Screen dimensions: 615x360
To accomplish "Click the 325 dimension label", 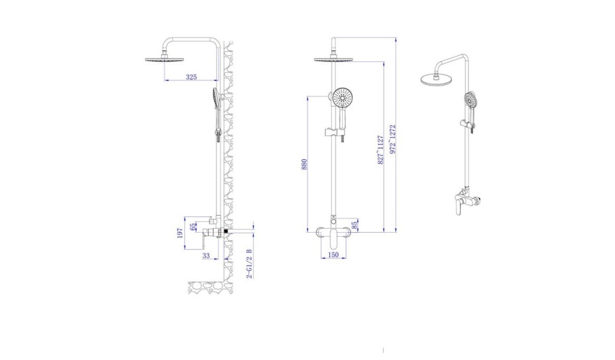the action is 191,77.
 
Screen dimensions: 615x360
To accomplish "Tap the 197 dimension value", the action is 180,233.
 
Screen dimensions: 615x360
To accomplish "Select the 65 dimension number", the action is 193,227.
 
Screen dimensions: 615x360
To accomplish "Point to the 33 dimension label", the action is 206,256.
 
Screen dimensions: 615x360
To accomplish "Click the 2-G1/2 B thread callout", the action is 250,263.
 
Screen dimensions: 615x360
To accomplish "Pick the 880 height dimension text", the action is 304,164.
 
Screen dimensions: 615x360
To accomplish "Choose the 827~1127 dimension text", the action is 380,150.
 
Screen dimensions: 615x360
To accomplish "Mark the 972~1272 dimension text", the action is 393,140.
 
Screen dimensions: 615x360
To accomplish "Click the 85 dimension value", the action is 354,225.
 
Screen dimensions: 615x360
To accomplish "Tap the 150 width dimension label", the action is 333,255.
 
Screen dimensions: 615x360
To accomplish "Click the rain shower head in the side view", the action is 165,60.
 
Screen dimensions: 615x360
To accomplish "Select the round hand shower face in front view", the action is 343,97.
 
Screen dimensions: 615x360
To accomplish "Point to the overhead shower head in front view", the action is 333,59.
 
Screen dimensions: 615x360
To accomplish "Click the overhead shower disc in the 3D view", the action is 437,78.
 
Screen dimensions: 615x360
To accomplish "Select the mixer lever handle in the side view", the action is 203,239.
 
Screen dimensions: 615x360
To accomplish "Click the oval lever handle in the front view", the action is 333,240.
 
